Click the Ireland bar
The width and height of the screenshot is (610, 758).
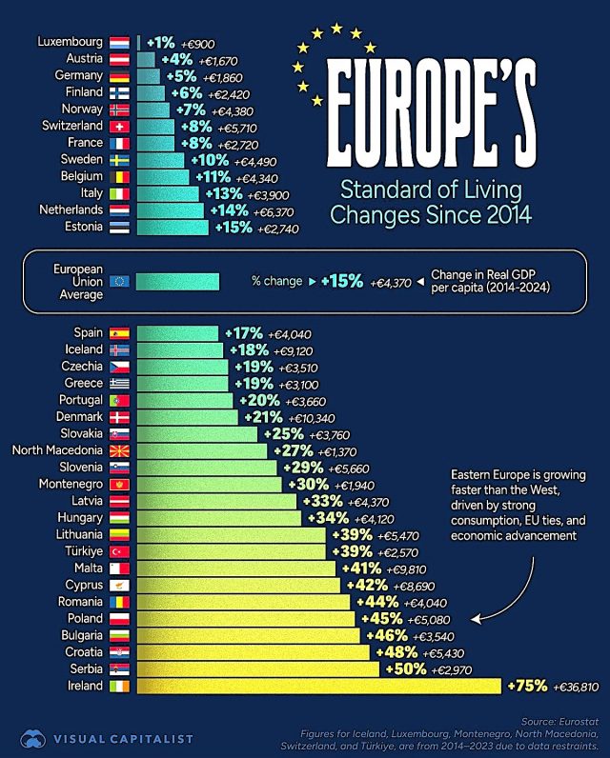(318, 686)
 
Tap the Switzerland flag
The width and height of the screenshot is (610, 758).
(120, 126)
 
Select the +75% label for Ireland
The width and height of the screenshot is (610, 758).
(527, 686)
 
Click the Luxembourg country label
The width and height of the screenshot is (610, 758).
(70, 42)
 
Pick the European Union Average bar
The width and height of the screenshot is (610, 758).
(177, 281)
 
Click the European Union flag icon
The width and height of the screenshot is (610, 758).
(120, 281)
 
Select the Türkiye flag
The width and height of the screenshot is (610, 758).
(120, 552)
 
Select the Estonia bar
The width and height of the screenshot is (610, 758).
(173, 227)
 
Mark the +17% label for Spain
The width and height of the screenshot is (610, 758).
(244, 334)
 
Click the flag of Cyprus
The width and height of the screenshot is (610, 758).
(120, 586)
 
